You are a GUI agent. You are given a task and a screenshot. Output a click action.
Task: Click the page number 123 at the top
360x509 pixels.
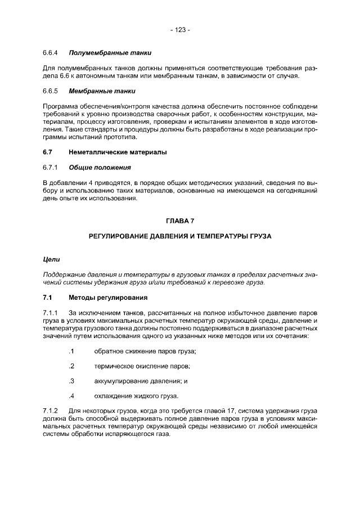click(180, 30)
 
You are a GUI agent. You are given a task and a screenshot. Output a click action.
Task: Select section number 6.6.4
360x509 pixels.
click(51, 53)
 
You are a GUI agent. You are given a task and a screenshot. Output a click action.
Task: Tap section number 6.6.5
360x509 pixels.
click(51, 91)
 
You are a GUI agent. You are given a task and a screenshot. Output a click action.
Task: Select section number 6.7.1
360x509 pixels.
click(51, 168)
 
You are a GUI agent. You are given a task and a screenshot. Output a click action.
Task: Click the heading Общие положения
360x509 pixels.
click(100, 168)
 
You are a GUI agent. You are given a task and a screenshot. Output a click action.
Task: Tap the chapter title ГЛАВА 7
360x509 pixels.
click(180, 221)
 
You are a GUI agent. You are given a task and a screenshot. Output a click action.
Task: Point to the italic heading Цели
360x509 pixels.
click(51, 259)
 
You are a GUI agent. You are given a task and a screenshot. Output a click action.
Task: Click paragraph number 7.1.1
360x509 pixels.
click(51, 313)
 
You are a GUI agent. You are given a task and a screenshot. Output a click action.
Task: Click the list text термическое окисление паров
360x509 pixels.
click(142, 366)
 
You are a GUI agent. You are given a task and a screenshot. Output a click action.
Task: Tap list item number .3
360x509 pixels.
click(71, 381)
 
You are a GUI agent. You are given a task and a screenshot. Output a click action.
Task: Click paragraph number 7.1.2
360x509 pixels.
click(51, 412)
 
